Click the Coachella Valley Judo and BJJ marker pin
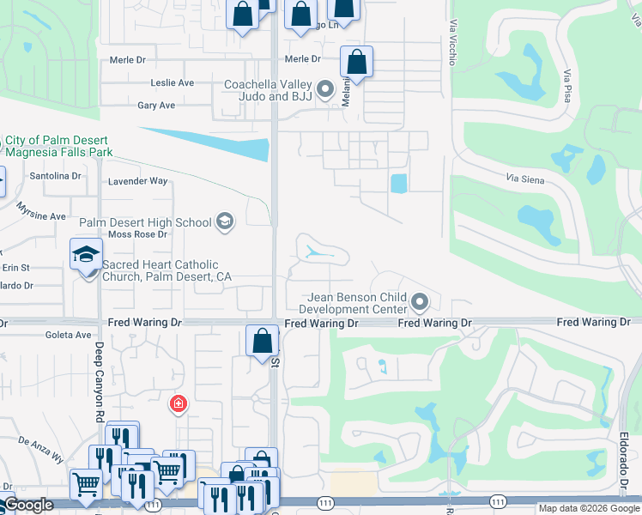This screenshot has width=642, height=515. coord(325,88)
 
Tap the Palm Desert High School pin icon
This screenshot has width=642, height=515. coord(225,222)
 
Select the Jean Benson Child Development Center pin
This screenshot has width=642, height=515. coord(420,301)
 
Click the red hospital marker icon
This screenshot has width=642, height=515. coord(179,403)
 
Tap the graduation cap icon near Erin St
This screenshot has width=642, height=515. coord(86,255)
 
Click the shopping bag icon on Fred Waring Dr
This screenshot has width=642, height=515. coord(263,341)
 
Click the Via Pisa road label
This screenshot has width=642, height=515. coord(566,85)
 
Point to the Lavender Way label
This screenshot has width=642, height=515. coord(138,181)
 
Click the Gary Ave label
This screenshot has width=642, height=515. coord(156,106)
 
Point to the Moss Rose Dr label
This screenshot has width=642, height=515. coord(137,234)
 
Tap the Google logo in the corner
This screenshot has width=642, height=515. coord(28,505)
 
